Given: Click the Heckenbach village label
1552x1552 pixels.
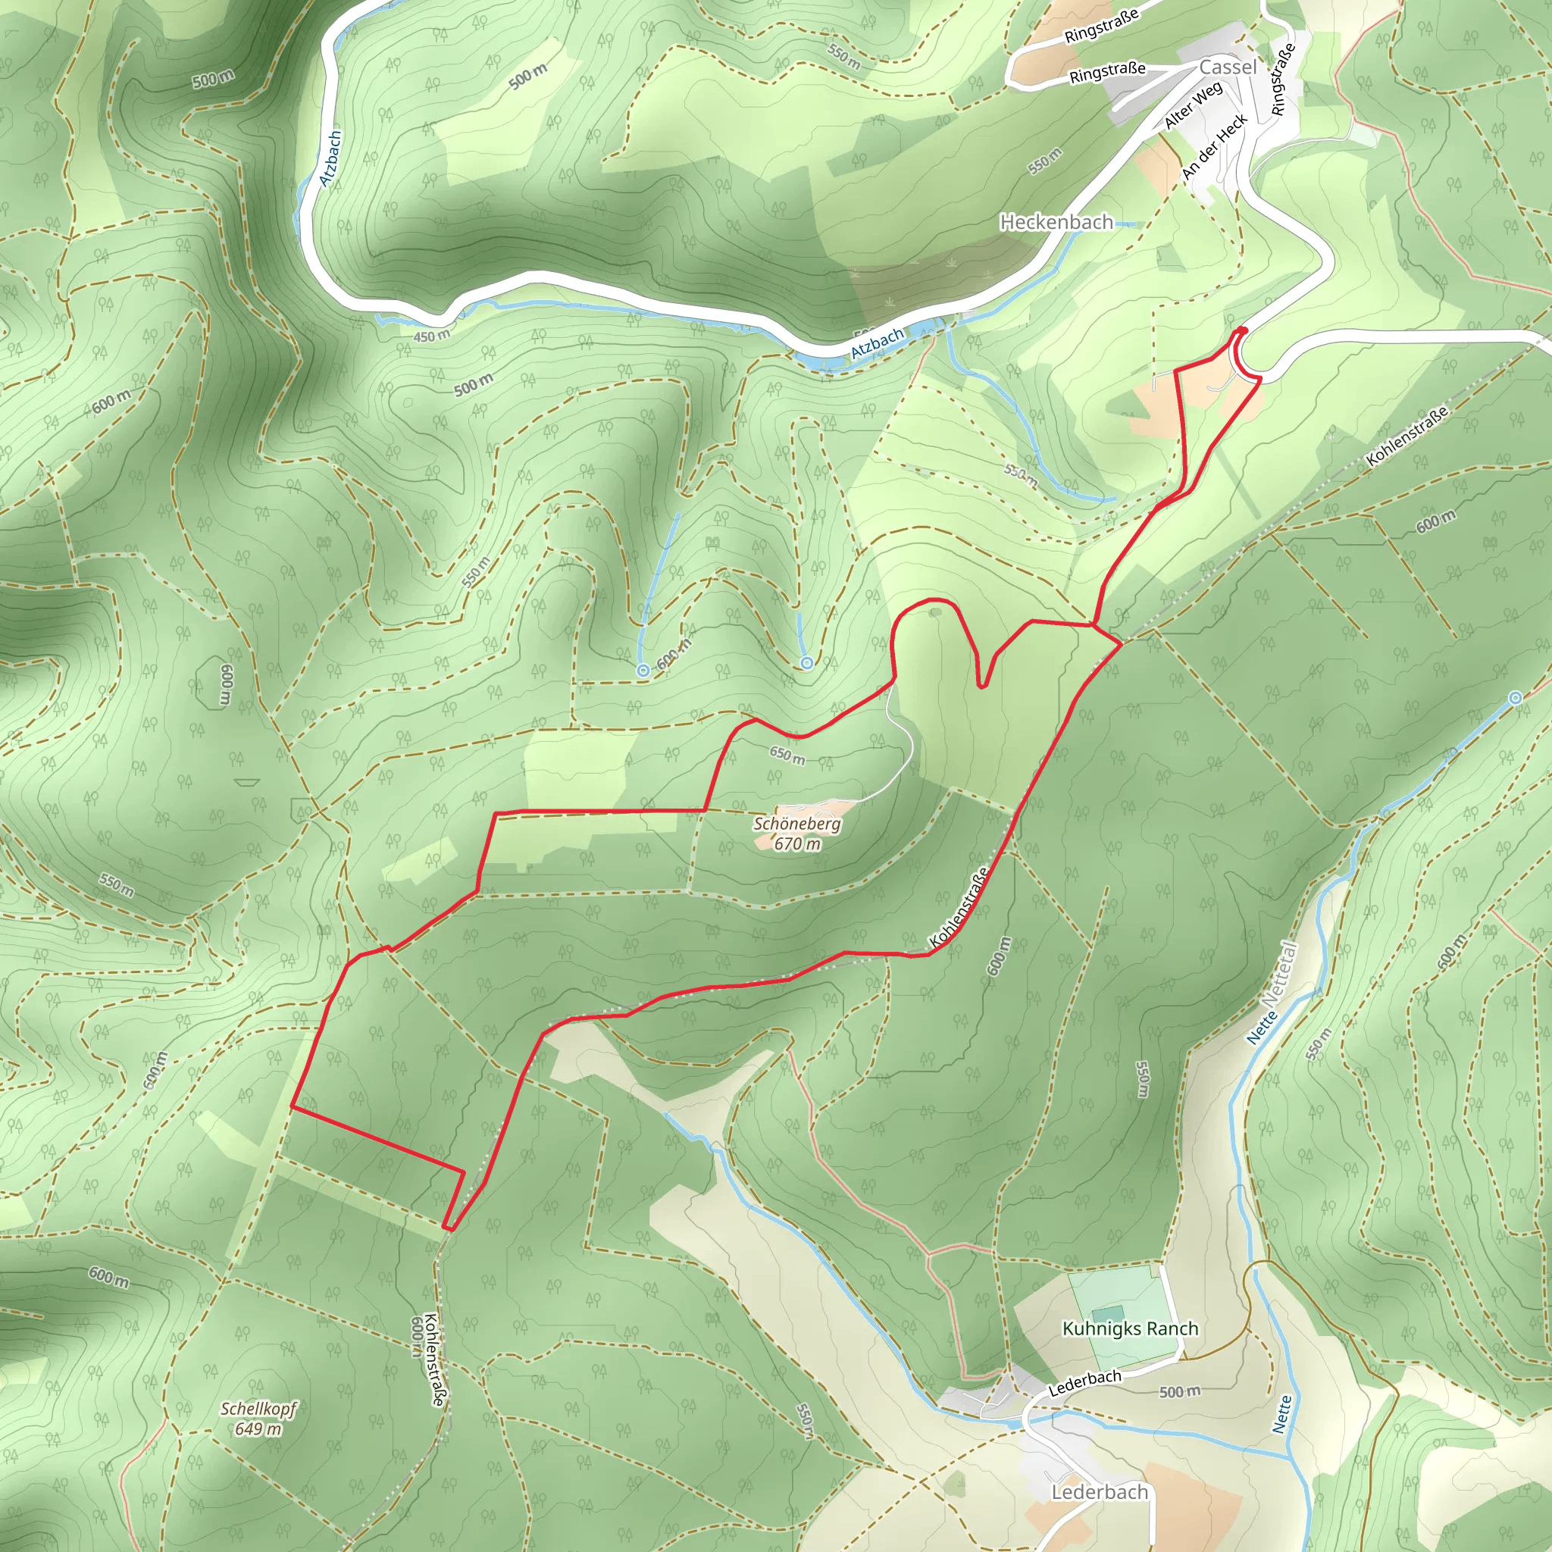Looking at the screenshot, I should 1056,222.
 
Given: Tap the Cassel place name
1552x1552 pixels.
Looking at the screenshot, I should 1228,67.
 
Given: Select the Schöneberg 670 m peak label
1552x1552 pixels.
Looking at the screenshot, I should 797,833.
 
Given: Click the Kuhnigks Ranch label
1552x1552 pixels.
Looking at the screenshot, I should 1130,1328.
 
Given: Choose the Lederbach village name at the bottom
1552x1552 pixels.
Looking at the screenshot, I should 1099,1491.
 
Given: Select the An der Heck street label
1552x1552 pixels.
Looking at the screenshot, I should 1215,146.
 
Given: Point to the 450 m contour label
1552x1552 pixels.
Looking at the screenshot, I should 431,336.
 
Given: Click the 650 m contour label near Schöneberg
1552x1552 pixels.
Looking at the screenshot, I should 787,755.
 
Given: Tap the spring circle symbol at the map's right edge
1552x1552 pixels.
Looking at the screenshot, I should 1515,698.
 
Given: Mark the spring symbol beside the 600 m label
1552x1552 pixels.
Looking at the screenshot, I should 643,670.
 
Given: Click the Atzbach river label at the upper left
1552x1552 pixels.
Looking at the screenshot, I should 331,158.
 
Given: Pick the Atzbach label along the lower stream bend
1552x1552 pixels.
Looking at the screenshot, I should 878,343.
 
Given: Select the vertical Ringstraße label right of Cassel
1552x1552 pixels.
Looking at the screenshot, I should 1282,79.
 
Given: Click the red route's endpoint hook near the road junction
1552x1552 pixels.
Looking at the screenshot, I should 1242,330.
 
